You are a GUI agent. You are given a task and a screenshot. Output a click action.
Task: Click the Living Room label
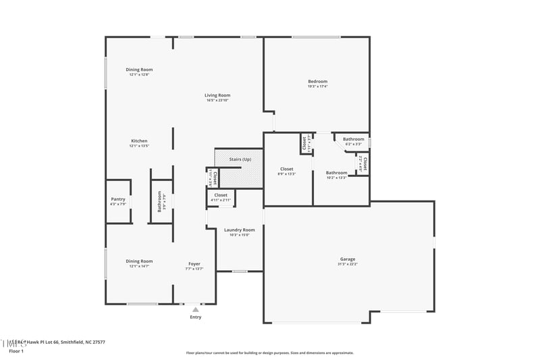pos(217,95)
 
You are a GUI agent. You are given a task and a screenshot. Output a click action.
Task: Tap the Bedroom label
pos(317,82)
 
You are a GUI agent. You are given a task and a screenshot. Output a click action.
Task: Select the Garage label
pos(348,259)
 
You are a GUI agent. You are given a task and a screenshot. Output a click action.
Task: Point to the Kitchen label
pos(139,140)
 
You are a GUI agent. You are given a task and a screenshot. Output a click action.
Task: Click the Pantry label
pos(118,199)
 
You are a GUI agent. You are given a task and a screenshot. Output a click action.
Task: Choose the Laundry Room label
pos(239,230)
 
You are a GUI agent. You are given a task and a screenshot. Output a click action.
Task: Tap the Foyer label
pos(194,263)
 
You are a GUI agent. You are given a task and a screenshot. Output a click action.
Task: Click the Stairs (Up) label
pos(240,159)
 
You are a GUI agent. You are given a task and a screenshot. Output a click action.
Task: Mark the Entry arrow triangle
pos(196,309)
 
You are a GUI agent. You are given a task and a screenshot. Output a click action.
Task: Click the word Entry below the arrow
pos(196,317)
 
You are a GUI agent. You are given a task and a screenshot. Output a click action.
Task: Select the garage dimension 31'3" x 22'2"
pos(348,264)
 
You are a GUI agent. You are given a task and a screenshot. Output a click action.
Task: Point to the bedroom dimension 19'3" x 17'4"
pos(317,86)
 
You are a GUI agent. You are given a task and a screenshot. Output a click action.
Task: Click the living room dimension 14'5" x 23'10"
pos(217,100)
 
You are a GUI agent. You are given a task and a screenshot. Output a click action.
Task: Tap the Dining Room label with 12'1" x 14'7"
pos(139,261)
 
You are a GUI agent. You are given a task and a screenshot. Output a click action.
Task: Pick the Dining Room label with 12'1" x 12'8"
pos(139,70)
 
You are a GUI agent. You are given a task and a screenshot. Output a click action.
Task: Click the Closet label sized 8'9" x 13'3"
pos(287,169)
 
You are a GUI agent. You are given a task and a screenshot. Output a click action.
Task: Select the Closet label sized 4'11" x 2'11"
pos(221,195)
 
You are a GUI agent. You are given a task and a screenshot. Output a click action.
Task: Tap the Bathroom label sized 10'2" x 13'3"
pos(336,172)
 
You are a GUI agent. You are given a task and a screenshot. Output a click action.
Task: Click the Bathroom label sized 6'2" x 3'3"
pos(353,139)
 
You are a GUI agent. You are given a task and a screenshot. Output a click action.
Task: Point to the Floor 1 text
pos(16,351)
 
